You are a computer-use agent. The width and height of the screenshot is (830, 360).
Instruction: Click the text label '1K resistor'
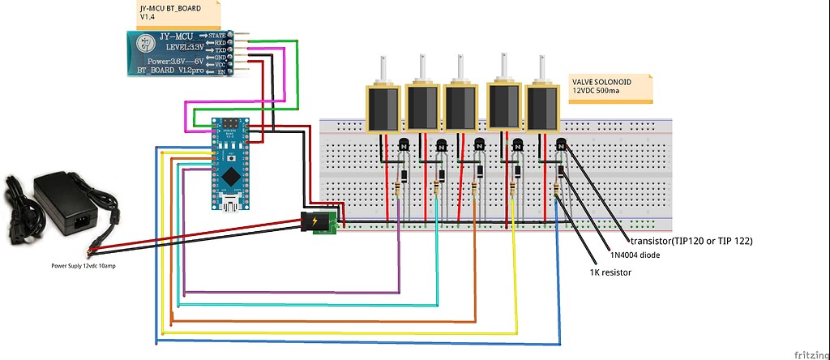click(x=610, y=272)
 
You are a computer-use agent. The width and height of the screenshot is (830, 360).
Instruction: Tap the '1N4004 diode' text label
click(x=635, y=255)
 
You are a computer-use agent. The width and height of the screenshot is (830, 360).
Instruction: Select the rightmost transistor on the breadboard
click(x=562, y=146)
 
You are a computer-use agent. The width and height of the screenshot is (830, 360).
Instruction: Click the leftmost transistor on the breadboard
click(x=402, y=146)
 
